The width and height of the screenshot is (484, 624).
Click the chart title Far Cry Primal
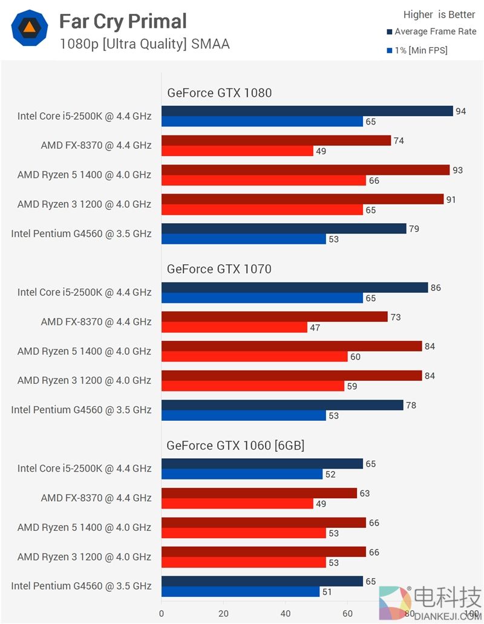tap(123, 22)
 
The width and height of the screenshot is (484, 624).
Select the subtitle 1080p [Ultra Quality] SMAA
tap(145, 44)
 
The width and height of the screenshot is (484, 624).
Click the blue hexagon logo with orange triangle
tap(29, 28)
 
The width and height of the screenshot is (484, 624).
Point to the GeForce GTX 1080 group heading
tap(219, 93)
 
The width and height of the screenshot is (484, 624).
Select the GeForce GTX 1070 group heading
tap(219, 269)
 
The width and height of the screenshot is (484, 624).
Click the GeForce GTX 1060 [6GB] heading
tap(235, 446)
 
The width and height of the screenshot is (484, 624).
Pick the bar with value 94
tap(307, 111)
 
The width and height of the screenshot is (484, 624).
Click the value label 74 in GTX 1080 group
tap(398, 141)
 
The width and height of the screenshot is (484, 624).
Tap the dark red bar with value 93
tap(306, 170)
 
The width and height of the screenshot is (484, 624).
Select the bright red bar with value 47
tap(234, 327)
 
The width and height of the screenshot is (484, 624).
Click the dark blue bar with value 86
tap(295, 288)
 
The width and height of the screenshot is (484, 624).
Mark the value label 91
tap(451, 200)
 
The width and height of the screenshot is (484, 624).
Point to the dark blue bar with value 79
tap(284, 229)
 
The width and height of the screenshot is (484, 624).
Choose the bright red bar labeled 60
tap(254, 357)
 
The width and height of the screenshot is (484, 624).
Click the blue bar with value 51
tap(240, 592)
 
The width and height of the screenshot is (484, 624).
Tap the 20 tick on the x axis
tap(223, 613)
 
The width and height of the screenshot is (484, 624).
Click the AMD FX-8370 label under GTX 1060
tap(96, 498)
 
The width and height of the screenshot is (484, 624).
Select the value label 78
tap(411, 405)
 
